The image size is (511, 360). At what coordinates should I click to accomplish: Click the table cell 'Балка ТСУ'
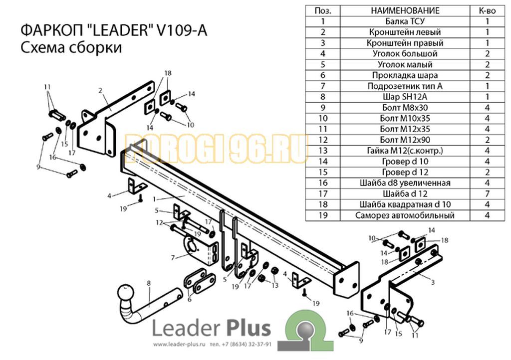(x=405, y=21)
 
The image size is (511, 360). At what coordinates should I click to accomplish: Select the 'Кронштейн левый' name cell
(x=405, y=32)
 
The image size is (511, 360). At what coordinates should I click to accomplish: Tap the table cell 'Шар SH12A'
(x=405, y=97)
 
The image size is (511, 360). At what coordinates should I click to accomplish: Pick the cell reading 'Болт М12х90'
(x=405, y=140)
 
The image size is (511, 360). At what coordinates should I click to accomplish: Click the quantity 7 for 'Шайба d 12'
(x=487, y=193)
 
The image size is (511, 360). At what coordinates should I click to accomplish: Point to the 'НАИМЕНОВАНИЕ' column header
(x=405, y=11)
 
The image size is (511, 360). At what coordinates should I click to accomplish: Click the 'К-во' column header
(x=487, y=11)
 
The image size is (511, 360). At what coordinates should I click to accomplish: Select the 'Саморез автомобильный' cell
(x=405, y=215)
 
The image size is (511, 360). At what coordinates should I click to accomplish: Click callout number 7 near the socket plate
(x=173, y=258)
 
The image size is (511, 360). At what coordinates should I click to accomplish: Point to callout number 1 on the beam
(x=154, y=199)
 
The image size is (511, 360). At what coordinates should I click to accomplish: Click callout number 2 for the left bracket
(x=100, y=90)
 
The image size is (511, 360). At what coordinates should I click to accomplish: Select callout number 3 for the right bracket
(x=433, y=282)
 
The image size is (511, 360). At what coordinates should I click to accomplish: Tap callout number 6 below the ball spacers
(x=189, y=299)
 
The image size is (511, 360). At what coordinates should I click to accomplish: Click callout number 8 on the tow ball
(x=149, y=283)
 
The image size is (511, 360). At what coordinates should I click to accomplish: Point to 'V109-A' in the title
(x=182, y=31)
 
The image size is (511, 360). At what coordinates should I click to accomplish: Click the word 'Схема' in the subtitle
(x=42, y=47)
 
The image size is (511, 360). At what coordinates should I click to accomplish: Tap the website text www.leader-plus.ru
(x=179, y=345)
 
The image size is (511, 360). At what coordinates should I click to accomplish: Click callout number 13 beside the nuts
(x=275, y=286)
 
